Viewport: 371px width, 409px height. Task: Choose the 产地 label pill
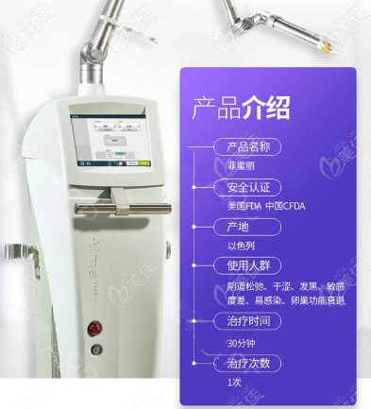[x=236, y=228]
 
